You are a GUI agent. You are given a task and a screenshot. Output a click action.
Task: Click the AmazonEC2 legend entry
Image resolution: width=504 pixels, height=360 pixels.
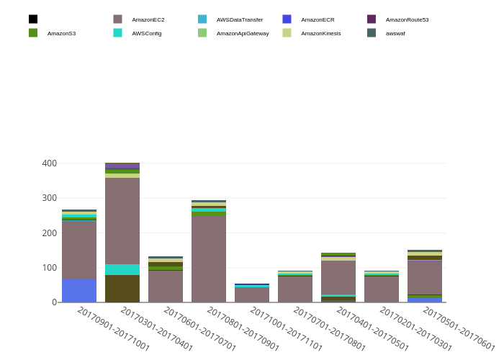148,19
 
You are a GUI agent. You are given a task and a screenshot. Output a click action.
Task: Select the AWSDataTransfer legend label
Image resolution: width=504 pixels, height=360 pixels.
239,19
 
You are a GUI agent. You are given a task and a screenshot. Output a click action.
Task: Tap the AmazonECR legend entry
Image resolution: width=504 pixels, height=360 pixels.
318,19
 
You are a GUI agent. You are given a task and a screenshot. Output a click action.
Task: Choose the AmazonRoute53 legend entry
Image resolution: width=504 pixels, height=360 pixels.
407,19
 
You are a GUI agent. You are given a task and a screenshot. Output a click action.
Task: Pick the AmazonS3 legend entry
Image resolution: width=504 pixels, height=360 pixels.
61,33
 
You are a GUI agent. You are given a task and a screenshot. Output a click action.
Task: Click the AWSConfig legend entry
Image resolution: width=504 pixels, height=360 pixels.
146,33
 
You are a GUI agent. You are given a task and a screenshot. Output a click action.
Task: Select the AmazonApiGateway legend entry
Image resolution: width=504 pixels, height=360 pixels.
242,33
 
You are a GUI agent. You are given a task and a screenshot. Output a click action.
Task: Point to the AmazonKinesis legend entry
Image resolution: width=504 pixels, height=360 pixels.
320,33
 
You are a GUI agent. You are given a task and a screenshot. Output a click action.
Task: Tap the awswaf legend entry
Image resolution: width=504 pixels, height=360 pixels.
395,33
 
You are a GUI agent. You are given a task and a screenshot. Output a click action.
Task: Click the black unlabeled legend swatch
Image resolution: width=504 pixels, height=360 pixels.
33,19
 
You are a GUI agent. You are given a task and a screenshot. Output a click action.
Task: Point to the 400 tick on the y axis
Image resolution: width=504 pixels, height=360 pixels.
49,163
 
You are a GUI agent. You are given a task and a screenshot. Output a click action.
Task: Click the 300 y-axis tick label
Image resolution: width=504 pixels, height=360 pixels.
49,198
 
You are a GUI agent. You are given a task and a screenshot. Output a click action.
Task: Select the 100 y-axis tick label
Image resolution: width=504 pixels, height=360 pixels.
49,268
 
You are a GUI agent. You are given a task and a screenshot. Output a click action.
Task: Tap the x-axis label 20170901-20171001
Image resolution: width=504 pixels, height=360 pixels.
113,329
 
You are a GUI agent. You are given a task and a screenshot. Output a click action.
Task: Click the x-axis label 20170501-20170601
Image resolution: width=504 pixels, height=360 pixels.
459,329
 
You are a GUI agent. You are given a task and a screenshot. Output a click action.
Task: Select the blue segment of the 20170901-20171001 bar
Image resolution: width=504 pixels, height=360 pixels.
79,290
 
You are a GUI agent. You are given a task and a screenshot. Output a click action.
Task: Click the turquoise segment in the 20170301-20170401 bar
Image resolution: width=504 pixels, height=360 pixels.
122,269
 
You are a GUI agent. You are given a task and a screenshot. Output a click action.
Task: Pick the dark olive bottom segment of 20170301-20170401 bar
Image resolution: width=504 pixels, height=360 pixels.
122,288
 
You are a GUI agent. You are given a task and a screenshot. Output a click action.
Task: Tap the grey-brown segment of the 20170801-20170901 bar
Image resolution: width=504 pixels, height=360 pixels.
209,258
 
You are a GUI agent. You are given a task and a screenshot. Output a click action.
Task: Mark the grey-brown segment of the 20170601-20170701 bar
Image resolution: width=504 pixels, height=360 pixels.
166,286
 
